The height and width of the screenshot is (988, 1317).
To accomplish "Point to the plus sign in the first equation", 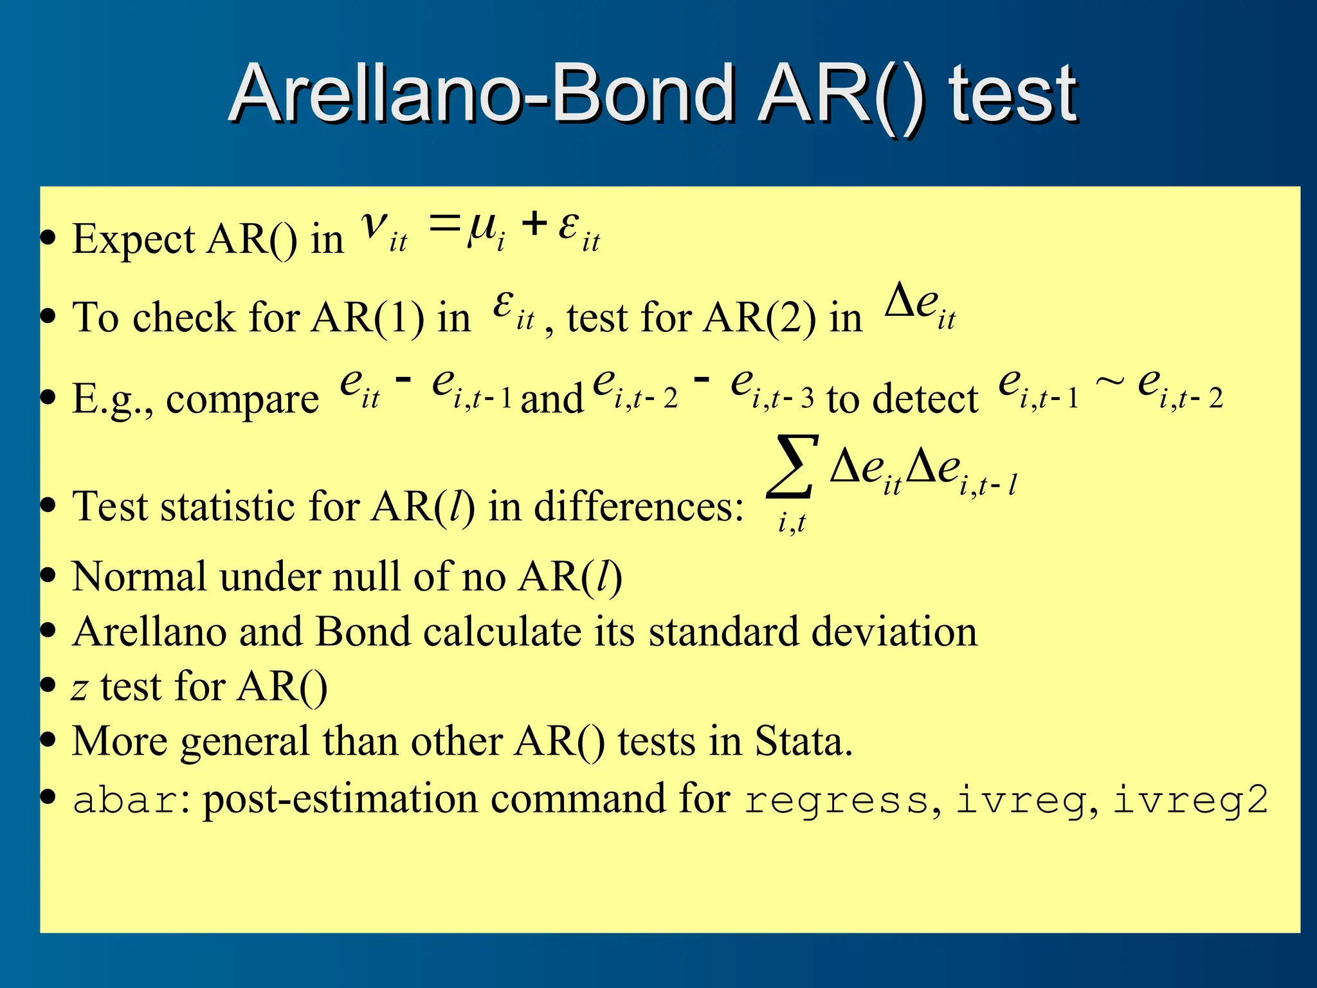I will click(534, 224).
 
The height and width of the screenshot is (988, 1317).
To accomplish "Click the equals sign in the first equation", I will click(445, 224).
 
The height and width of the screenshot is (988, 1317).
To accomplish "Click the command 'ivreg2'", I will click(1190, 801).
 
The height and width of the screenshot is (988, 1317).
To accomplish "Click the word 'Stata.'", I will click(803, 741).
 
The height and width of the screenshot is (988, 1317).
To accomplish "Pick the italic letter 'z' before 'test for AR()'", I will click(79, 689).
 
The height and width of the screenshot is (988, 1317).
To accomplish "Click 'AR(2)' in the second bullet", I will click(759, 317).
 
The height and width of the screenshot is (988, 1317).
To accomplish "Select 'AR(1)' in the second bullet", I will click(367, 317).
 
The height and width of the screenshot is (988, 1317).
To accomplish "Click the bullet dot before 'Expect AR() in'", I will click(48, 238).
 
